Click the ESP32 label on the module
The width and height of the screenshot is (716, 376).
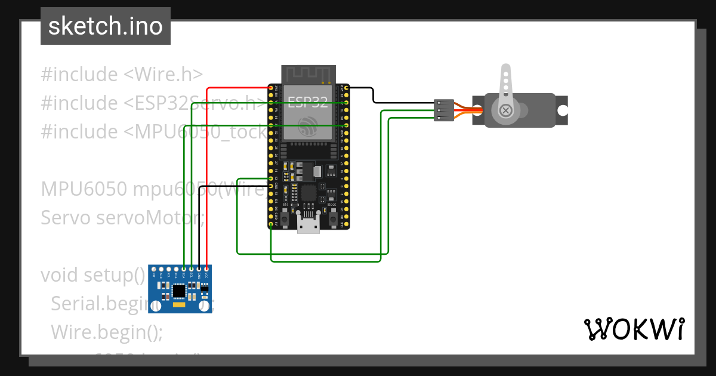(308, 101)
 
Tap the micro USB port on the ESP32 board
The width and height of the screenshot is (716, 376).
(308, 226)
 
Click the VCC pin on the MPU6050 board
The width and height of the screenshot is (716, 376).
(206, 269)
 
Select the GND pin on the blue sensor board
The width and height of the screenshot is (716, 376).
(199, 269)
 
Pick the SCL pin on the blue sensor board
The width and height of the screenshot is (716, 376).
(192, 269)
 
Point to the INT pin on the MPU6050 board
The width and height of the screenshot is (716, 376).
(154, 269)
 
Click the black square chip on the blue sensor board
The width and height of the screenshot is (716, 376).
(178, 291)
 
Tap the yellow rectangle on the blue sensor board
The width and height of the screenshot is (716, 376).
(178, 306)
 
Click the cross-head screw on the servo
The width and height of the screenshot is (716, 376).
(506, 110)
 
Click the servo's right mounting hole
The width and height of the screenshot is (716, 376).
(562, 110)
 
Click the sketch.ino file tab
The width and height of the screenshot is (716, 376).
(106, 26)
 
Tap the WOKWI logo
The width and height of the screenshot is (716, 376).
(634, 329)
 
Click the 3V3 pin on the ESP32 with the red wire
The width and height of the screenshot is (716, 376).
(271, 88)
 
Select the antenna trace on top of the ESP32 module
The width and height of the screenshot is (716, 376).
(308, 75)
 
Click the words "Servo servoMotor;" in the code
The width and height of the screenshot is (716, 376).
(122, 218)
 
